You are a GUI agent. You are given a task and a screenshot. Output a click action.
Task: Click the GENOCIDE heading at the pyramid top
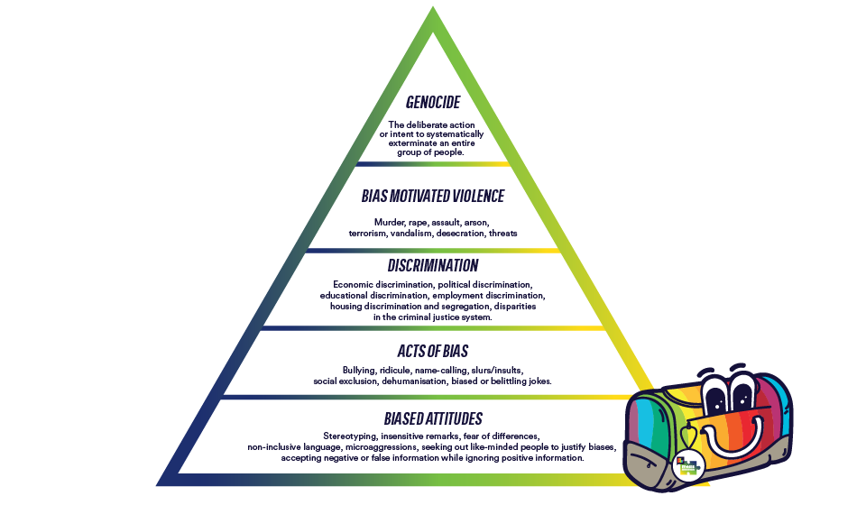click(433, 102)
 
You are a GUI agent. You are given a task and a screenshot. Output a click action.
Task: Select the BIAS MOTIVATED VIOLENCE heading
click(433, 196)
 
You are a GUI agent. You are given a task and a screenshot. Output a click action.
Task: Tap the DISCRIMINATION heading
click(433, 265)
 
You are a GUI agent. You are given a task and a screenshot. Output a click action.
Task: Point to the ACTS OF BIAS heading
click(433, 351)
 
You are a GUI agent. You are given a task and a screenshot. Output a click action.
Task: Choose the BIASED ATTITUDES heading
click(433, 419)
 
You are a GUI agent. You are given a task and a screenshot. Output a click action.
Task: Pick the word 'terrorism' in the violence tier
click(368, 234)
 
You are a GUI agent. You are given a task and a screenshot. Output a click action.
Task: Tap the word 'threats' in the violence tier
click(503, 234)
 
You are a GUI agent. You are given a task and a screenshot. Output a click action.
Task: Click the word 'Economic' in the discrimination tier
click(353, 285)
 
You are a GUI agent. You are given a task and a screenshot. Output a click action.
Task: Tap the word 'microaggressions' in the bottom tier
click(381, 447)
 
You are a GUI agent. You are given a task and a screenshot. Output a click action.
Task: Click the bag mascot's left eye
click(715, 393)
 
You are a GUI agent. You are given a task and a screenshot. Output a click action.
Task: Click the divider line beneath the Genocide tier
click(433, 164)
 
